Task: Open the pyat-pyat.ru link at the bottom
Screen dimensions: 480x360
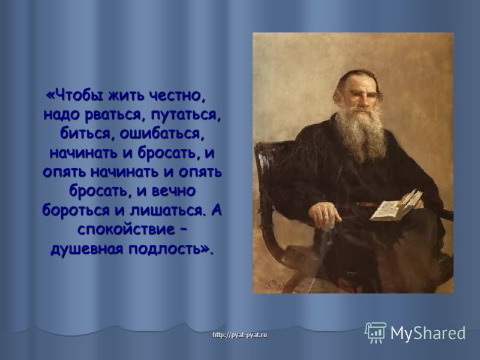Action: pos(239,335)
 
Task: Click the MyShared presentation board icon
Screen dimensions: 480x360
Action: pos(376,332)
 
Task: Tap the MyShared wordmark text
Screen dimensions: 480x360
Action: pos(428,333)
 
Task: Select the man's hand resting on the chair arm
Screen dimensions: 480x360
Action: pos(325,213)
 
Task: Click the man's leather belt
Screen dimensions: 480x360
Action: pos(364,204)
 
